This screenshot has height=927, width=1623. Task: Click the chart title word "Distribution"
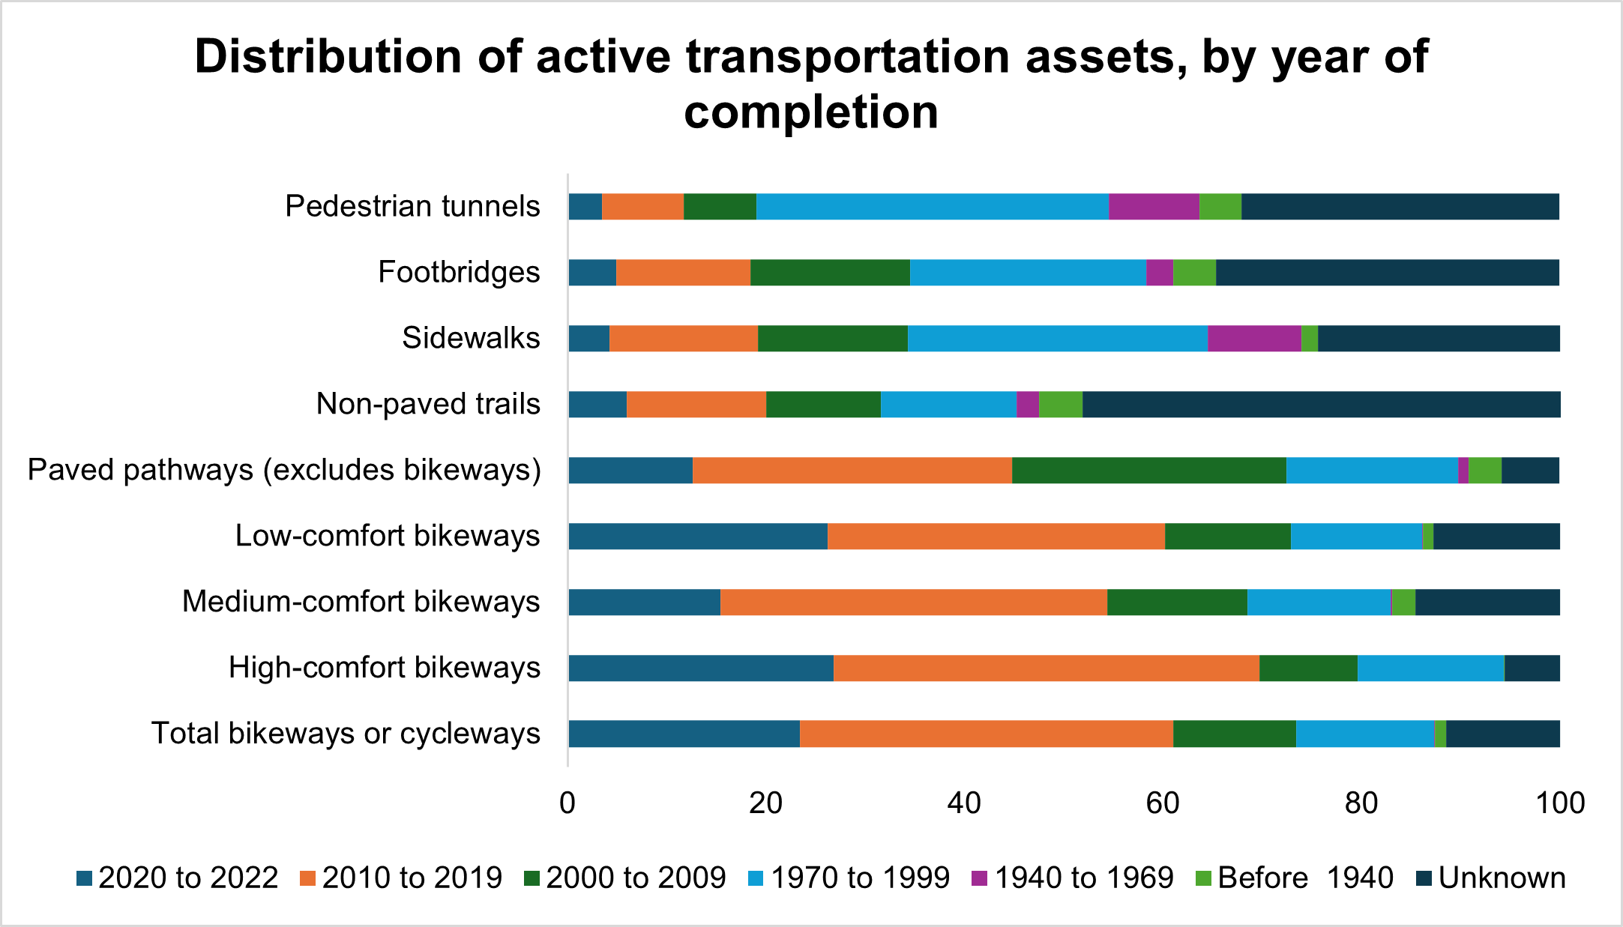328,57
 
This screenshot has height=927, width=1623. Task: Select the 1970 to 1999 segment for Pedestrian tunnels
933,207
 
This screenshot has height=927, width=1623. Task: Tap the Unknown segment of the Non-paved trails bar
1321,405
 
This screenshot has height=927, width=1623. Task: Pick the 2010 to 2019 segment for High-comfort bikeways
1047,668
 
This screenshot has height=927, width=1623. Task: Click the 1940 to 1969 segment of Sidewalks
1254,339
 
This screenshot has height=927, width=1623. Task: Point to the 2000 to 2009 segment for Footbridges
830,273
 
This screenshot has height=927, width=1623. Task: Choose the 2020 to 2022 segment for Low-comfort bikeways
698,537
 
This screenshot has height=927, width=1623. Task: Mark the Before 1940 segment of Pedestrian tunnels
1220,207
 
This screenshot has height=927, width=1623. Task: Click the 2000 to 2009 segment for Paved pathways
1149,471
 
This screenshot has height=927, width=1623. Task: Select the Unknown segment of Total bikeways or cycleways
1503,734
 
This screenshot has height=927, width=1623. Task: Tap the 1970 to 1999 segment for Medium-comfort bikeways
1319,603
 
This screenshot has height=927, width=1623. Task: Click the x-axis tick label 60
1163,803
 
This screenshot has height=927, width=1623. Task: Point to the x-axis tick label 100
1560,803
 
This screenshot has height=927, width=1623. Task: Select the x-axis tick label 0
567,803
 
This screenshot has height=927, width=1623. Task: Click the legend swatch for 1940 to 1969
979,878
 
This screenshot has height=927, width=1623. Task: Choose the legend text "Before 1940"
1305,878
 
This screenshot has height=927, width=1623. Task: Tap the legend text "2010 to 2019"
412,878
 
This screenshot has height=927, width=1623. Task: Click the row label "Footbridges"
459,272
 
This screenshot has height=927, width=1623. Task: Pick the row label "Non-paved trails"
428,404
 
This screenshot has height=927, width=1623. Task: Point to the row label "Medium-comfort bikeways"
361,602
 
